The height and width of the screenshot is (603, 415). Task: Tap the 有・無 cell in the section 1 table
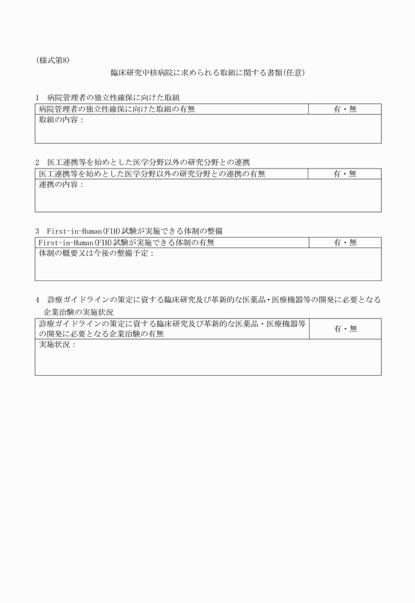coord(345,109)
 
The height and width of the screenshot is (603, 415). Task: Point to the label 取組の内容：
coord(61,120)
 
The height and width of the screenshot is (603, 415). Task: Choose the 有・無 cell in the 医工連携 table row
coord(345,174)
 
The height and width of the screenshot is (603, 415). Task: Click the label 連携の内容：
coord(61,185)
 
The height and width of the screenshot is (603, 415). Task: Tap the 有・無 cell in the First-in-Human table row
coord(345,243)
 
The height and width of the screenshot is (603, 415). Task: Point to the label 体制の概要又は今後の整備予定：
coord(96,254)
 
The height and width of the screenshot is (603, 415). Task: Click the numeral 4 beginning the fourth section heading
coord(38,300)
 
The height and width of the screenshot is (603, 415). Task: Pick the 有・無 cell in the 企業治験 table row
coord(345,328)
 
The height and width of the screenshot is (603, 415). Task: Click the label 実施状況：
coord(57,345)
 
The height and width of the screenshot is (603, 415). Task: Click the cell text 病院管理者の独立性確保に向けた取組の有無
coord(117,109)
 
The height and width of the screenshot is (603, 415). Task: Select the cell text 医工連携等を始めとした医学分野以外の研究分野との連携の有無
coord(152,174)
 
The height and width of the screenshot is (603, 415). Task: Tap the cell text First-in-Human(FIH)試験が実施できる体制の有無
coord(126,243)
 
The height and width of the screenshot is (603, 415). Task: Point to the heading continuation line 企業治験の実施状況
coord(78,312)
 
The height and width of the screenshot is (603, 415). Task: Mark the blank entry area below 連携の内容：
coord(207,200)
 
